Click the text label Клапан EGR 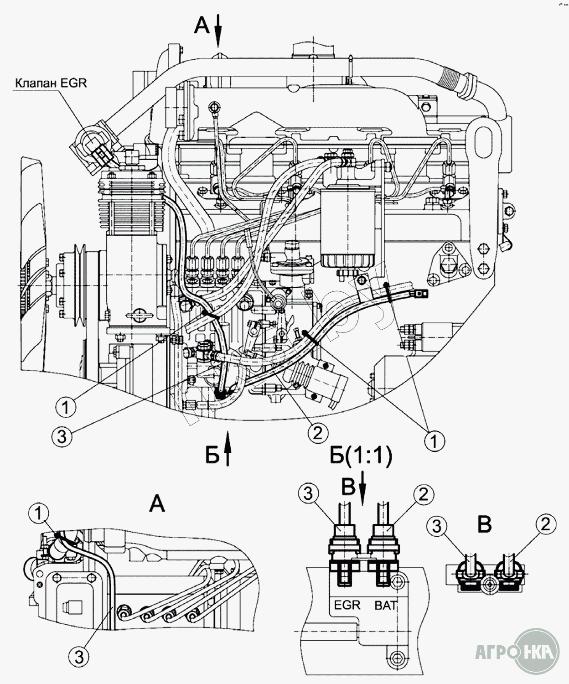51,83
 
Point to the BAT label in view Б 385,605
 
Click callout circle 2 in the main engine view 318,431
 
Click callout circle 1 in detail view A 40,513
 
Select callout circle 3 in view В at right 437,526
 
